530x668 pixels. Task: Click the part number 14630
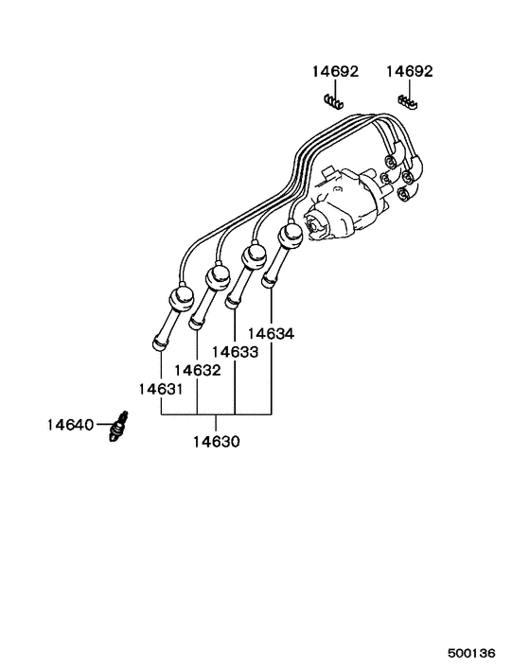coord(217,441)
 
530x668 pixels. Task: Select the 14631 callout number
coord(160,389)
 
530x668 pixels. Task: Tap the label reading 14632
coord(197,370)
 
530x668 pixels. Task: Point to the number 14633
coord(235,352)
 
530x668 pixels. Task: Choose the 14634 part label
coord(271,334)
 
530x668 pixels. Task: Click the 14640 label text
coord(69,425)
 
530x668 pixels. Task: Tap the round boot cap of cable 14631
coord(180,299)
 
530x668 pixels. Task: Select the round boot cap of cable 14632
coord(218,277)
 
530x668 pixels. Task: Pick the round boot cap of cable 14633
coord(253,255)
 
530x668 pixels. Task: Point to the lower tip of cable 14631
coord(158,343)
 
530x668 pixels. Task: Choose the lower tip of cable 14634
coord(268,282)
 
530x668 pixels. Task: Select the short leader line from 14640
coord(103,425)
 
